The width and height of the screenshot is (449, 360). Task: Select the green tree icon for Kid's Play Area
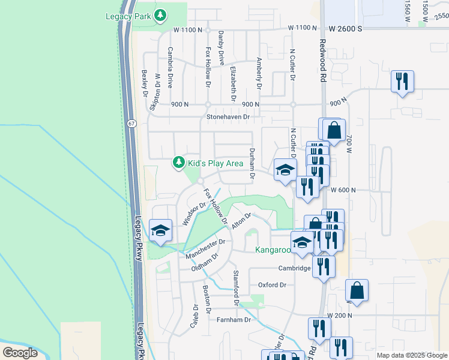coord(178,162)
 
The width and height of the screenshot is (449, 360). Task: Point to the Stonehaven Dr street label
coord(228,117)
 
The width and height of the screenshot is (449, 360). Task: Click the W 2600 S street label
coord(346,28)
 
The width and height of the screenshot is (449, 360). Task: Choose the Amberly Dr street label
coord(259,73)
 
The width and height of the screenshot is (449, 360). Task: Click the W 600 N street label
coord(343,190)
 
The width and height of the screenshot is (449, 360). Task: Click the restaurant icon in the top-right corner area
coord(402,82)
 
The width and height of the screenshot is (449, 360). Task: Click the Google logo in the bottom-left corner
coord(20,353)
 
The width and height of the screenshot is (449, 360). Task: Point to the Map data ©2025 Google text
coord(412,355)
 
